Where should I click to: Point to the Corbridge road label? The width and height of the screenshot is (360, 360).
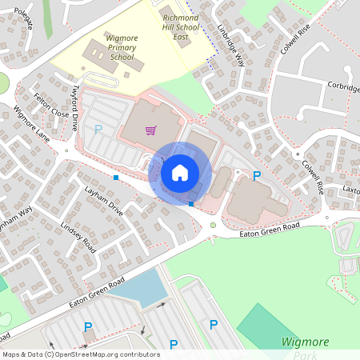tap(342, 87)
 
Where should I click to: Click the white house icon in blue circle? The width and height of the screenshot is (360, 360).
tap(180, 172)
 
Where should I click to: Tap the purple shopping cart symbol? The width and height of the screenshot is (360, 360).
tap(150, 130)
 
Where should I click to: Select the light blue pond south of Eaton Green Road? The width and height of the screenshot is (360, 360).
tap(140, 288)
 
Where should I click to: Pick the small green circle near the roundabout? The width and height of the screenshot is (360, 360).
tap(213, 225)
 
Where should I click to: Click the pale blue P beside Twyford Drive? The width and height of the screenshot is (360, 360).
tap(98, 128)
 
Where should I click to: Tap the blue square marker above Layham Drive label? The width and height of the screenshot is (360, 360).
tap(116, 177)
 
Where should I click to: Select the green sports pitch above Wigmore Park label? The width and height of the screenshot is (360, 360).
tap(264, 324)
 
